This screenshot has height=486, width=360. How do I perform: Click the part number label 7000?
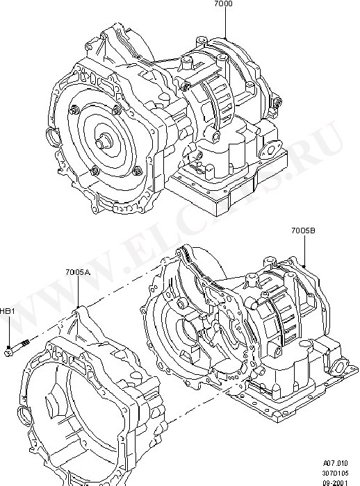click(223, 4)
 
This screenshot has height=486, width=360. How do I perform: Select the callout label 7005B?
click(303, 231)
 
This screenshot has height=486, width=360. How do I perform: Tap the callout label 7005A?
click(78, 272)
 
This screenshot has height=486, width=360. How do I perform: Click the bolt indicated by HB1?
click(17, 347)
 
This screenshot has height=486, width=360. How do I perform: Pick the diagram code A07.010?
click(336, 463)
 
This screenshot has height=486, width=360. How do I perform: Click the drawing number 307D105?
click(336, 473)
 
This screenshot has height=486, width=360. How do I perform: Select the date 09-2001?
click(336, 483)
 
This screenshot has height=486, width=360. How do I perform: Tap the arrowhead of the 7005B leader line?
click(304, 266)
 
